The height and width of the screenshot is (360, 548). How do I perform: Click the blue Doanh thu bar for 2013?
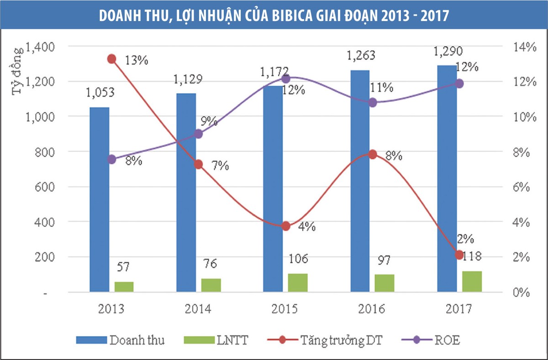click(x=99, y=201)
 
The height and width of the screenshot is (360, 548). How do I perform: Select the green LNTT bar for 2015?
click(x=298, y=282)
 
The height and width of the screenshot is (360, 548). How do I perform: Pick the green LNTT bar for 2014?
click(x=211, y=285)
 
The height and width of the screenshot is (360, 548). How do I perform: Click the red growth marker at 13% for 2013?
click(x=112, y=59)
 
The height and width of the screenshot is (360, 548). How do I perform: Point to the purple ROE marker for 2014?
click(x=199, y=134)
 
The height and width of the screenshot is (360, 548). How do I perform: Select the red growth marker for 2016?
click(x=373, y=154)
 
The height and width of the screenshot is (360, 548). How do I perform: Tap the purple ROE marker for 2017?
click(x=459, y=83)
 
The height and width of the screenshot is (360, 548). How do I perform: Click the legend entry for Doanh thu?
click(x=135, y=340)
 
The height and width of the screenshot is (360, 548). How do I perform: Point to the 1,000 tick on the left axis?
click(x=40, y=117)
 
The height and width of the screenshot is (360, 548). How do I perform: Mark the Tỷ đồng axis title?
click(x=17, y=71)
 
